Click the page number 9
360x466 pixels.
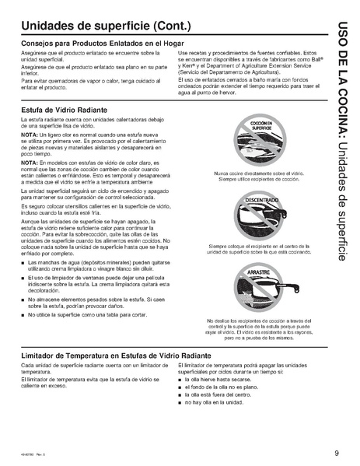click(x=337, y=454)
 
